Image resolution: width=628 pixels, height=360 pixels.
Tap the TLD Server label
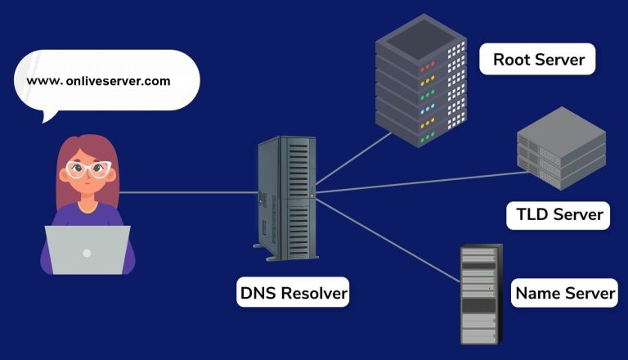point(559,215)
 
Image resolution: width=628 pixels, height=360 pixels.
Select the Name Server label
point(565,293)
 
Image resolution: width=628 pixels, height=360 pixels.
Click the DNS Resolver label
point(294,292)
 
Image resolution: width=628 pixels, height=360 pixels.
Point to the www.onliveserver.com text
point(98,81)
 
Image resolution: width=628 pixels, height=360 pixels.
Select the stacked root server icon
point(422,86)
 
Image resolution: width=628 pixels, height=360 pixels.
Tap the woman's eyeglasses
point(87,170)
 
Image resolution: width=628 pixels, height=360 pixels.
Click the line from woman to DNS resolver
point(188,193)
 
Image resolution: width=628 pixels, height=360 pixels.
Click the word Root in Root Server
point(513,60)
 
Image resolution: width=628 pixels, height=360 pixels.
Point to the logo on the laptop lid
point(87,252)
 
